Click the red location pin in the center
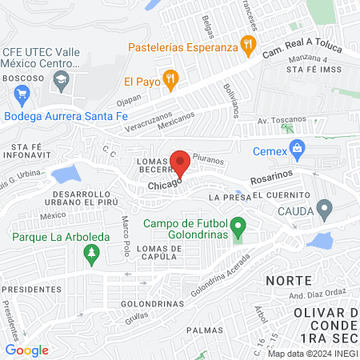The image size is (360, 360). click(x=180, y=162)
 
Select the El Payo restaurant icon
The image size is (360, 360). click(x=169, y=78)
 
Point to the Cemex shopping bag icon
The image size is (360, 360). click(x=298, y=148)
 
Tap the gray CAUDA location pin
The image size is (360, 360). click(x=324, y=210)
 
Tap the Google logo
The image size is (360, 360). click(x=26, y=350)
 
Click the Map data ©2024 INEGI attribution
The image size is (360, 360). click(x=310, y=353)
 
